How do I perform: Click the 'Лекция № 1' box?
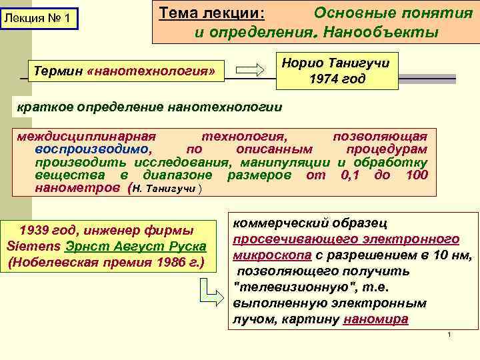39,17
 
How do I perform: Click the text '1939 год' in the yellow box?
47,231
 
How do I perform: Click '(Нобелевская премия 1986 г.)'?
107,261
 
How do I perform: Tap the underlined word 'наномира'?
375,319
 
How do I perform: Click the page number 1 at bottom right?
450,334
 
